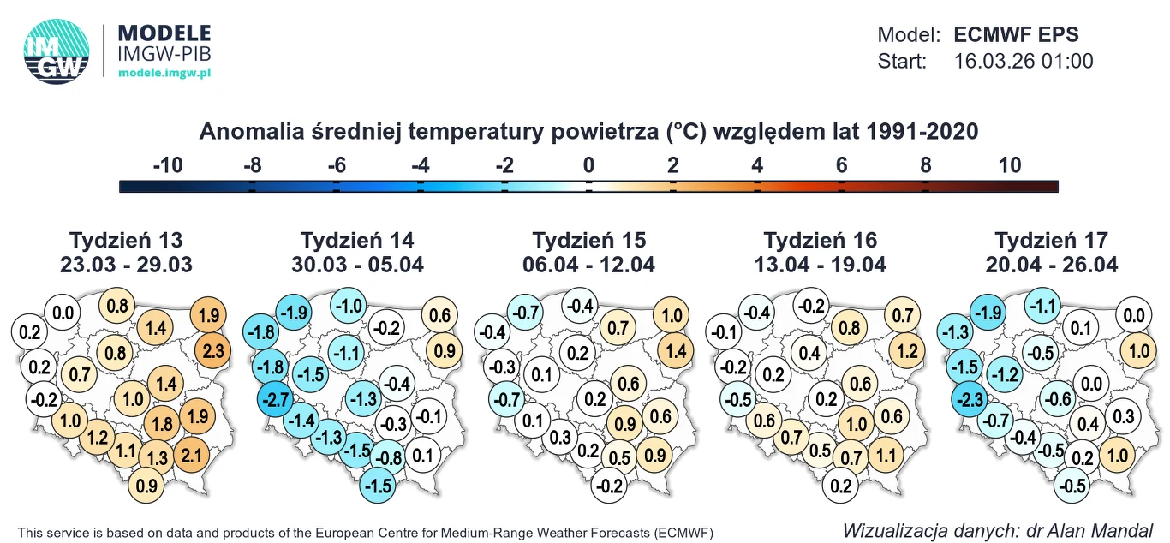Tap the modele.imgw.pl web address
[164, 73]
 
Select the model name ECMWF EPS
[1016, 35]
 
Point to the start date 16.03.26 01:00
[1023, 61]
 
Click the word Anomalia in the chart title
[249, 132]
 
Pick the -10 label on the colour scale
[168, 165]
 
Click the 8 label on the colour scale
[925, 165]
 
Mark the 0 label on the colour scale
[588, 165]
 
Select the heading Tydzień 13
[126, 240]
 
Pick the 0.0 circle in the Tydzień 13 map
[63, 313]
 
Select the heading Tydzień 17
[1051, 240]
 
